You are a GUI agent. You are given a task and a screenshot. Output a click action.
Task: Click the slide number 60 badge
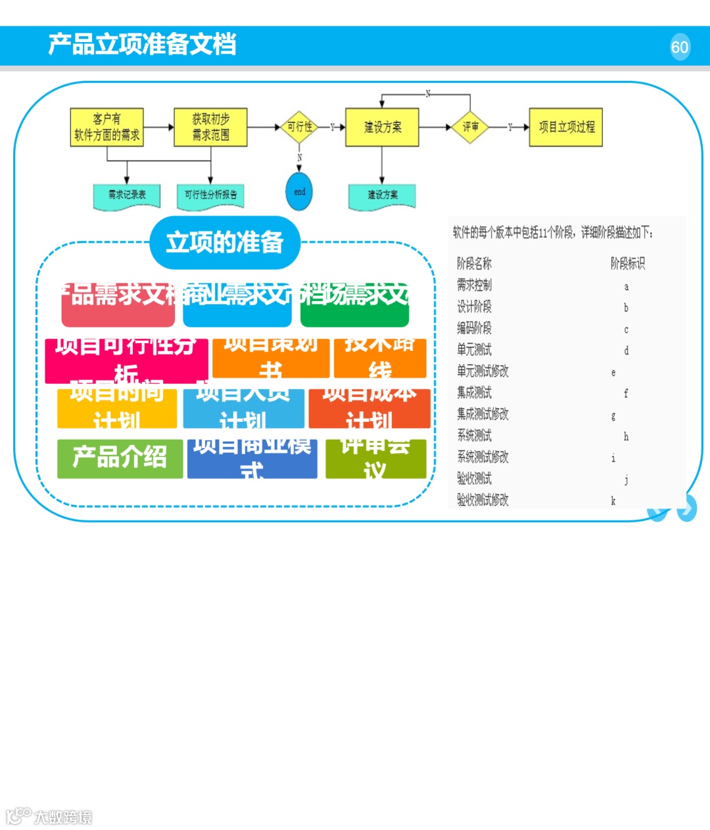point(680,47)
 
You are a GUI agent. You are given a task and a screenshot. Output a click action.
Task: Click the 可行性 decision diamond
point(300,127)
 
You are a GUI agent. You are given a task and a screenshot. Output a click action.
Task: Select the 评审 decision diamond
point(470,127)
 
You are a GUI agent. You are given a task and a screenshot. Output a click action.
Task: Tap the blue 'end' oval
point(300,192)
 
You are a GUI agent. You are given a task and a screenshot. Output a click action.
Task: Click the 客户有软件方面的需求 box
point(106,127)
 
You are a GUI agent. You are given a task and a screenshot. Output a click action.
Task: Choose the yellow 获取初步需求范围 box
point(210,127)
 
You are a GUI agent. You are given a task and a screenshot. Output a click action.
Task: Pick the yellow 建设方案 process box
point(382,127)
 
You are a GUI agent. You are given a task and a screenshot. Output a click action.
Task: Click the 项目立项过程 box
point(566,127)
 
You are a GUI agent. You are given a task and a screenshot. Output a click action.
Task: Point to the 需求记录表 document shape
point(127,195)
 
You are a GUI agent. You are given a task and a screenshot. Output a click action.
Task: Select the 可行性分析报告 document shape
point(210,195)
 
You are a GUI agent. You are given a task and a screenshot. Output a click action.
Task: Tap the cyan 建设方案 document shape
point(382,195)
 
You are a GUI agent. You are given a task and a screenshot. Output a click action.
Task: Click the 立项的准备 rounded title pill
point(225,242)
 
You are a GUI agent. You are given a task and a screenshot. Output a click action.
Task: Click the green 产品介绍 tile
point(120,457)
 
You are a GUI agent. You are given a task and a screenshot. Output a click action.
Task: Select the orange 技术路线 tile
point(379,357)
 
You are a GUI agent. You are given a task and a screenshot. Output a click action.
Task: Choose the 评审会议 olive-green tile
point(375,458)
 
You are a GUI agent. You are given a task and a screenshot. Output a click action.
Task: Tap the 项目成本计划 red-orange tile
point(369,407)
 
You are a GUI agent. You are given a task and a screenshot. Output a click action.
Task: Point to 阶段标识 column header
point(627,264)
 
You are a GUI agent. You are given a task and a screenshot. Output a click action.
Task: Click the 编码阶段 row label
point(474,328)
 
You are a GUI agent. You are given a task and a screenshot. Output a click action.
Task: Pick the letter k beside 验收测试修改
point(613,501)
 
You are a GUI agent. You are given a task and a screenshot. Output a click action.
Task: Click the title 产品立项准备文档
point(142,45)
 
